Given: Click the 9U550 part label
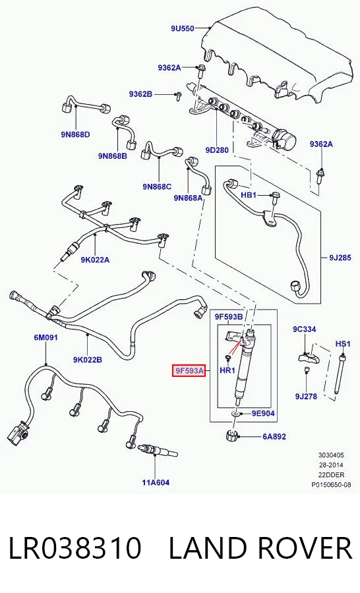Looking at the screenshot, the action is tap(182, 28).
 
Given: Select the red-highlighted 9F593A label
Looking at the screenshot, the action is tap(189, 371).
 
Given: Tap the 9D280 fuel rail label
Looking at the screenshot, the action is tap(217, 150).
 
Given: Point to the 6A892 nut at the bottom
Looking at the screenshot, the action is tap(231, 436).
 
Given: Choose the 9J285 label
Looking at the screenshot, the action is tap(340, 258).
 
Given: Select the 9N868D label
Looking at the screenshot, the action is tap(75, 134).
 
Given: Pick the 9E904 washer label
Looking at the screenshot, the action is tap(263, 414).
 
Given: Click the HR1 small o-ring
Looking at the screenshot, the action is tap(228, 357).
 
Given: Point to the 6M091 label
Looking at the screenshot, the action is tap(45, 337).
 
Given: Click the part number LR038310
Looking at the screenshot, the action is tap(75, 548).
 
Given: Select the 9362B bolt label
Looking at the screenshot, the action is tap(140, 94).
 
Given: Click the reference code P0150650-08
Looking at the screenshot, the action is tap(331, 484).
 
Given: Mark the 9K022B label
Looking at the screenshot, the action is tap(88, 360).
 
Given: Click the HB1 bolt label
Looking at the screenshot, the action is tap(249, 195).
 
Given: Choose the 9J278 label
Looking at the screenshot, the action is tap(306, 397).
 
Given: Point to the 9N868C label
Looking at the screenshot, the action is tap(157, 186).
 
